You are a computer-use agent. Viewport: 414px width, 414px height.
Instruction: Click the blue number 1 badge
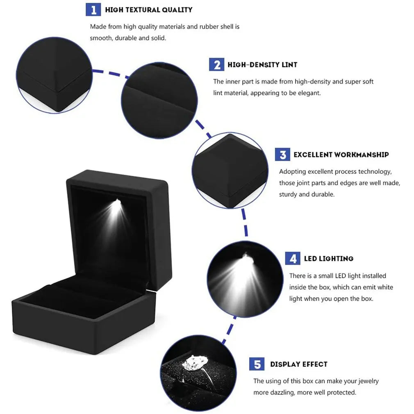(93, 9)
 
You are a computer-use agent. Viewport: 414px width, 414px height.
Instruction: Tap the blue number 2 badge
(216, 64)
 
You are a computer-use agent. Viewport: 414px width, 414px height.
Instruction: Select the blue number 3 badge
(282, 155)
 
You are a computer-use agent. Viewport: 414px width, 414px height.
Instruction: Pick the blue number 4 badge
(293, 259)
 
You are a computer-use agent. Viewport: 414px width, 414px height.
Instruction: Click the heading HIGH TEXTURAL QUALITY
(148, 9)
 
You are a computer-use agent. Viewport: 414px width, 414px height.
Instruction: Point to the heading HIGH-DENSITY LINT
(262, 65)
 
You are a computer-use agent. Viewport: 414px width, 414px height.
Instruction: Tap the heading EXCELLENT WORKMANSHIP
(341, 155)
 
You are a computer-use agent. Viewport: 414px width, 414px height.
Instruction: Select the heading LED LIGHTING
(328, 259)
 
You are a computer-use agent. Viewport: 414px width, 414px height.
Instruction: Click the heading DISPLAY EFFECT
(298, 364)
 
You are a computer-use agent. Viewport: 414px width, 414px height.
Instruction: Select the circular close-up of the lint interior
(159, 100)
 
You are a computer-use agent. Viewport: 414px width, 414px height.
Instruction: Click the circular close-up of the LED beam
(245, 279)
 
